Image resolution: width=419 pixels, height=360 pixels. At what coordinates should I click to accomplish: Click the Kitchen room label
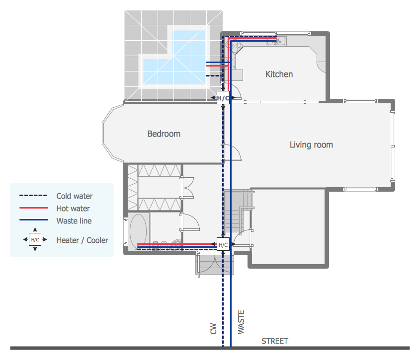279,74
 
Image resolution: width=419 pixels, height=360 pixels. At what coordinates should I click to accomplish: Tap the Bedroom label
164,134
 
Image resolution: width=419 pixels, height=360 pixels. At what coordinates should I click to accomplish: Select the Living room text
311,145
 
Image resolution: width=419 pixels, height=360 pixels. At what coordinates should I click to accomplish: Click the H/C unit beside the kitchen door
223,98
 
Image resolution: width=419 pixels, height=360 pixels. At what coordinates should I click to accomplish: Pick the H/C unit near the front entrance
223,245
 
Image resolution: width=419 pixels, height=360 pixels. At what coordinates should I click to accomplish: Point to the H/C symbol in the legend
35,240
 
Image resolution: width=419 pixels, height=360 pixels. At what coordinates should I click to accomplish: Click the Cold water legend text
74,196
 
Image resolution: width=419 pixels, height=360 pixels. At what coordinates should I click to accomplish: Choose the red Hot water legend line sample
33,209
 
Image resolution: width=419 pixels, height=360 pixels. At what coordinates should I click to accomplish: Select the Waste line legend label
74,221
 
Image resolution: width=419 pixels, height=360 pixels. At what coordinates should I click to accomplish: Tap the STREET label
275,341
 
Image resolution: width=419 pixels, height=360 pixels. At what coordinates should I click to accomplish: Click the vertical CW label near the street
213,328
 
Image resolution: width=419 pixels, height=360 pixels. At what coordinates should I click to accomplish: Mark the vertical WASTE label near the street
241,323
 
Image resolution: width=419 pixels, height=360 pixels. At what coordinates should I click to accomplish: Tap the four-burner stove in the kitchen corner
235,47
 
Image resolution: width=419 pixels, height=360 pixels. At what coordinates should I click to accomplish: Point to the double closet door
187,188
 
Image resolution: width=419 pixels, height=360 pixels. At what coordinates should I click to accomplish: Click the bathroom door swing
190,222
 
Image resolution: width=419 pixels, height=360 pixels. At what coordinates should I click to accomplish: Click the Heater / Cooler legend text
82,240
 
